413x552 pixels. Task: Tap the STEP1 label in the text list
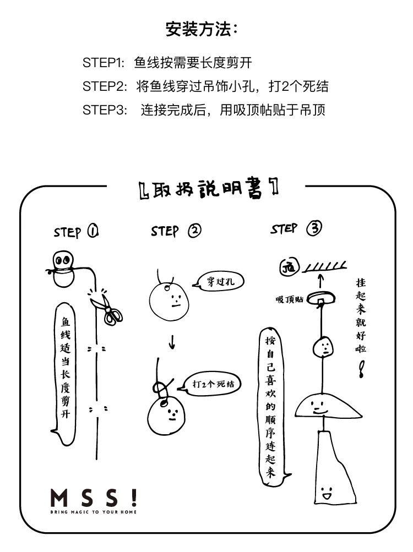[x=104, y=63]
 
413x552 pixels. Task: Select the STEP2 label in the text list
[x=105, y=86]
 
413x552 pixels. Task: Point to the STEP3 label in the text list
[x=105, y=110]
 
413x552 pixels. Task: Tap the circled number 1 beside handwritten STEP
[x=93, y=231]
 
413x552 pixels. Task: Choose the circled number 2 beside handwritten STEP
[x=194, y=231]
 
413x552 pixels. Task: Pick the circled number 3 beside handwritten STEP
[x=314, y=228]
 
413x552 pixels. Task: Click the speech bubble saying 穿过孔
[x=219, y=281]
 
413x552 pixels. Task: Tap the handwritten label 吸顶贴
[x=289, y=299]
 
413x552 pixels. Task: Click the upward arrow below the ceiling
[x=320, y=281]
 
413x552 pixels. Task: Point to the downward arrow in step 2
[x=172, y=341]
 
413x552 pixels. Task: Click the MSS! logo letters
[x=94, y=498]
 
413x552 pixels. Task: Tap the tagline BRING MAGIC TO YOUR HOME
[x=94, y=512]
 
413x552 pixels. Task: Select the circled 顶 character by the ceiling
[x=289, y=267]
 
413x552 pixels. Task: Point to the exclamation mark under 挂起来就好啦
[x=361, y=369]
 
